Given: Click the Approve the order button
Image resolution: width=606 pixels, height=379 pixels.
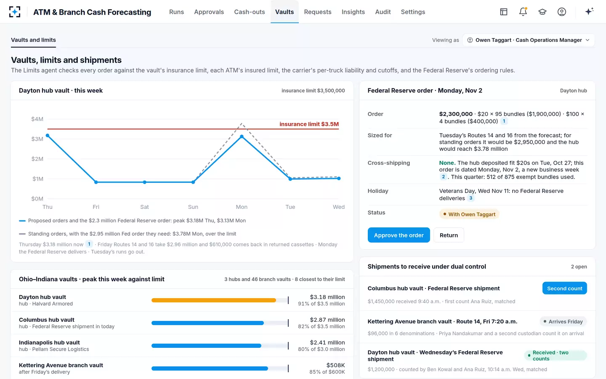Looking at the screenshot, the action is pyautogui.click(x=399, y=235).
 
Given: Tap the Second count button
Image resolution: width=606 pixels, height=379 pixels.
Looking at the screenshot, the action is pyautogui.click(x=565, y=288).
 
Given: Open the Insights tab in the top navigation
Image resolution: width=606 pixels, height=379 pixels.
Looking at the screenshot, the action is pyautogui.click(x=353, y=12).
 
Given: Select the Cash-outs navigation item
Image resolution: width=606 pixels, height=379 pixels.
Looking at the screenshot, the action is pyautogui.click(x=250, y=12).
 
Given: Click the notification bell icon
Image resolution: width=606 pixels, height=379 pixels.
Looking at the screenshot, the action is pyautogui.click(x=523, y=12).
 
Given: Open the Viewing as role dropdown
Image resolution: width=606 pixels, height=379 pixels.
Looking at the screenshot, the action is pyautogui.click(x=529, y=40).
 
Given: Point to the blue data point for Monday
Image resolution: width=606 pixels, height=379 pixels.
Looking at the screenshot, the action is pyautogui.click(x=242, y=137).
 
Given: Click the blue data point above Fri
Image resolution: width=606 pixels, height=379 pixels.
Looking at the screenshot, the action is pyautogui.click(x=96, y=182).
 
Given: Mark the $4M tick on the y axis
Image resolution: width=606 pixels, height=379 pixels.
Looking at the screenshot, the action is pyautogui.click(x=37, y=119).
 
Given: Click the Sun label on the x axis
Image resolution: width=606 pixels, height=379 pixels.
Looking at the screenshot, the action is pyautogui.click(x=193, y=207).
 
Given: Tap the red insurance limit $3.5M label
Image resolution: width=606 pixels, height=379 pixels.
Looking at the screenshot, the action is pyautogui.click(x=309, y=124).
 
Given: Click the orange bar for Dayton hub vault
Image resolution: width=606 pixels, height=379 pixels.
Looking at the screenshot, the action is pyautogui.click(x=214, y=300).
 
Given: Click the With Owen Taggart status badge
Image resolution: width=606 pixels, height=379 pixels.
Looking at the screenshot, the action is pyautogui.click(x=469, y=214).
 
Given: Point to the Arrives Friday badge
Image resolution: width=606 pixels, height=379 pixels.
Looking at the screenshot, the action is pyautogui.click(x=563, y=322).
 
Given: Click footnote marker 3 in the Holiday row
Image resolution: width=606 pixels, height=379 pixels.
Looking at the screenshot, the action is pyautogui.click(x=471, y=198).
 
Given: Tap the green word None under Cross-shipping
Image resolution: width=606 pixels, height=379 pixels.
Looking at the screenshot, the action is pyautogui.click(x=447, y=163).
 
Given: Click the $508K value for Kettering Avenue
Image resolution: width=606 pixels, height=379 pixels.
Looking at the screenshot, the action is pyautogui.click(x=335, y=365).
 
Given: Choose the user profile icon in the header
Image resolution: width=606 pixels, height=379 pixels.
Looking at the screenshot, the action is pyautogui.click(x=562, y=12).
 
